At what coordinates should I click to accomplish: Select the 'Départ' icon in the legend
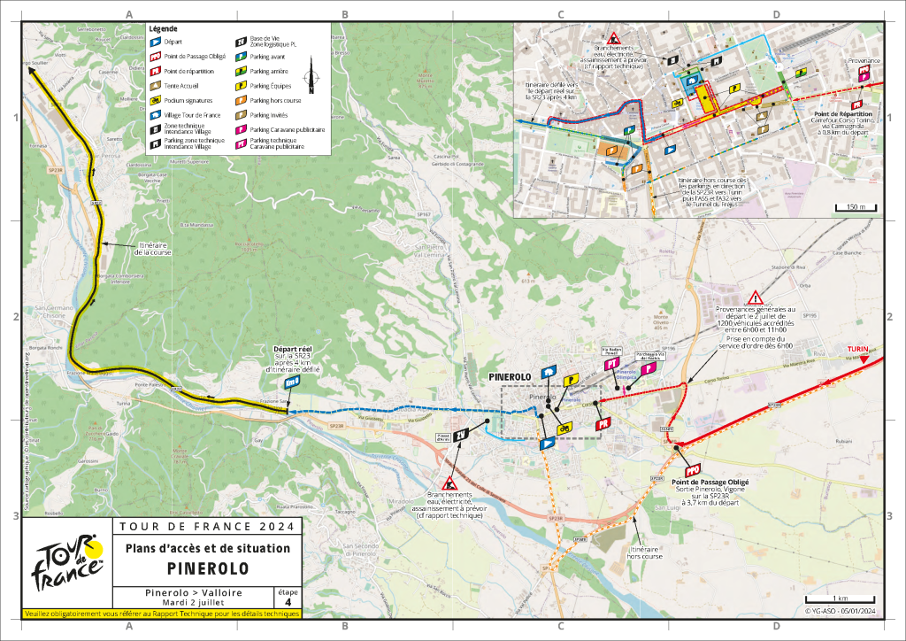[x=154, y=41]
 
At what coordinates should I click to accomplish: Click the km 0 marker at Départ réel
[x=293, y=382]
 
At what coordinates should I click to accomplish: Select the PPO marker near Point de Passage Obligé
[x=693, y=468]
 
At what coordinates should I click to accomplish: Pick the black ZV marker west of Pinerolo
[x=461, y=434]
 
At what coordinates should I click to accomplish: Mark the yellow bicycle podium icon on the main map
[x=562, y=429]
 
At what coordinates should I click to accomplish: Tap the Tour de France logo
[x=67, y=563]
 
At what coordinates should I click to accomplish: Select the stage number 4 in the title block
[x=287, y=603]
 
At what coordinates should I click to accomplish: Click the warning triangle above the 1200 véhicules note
[x=755, y=297]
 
